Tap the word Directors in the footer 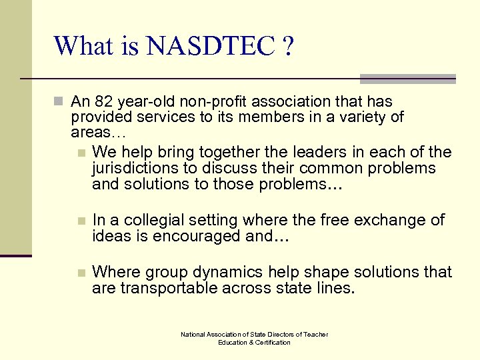(280, 335)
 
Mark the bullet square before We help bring (81, 153)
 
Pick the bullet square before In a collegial (81, 221)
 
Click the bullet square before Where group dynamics (81, 273)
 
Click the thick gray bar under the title (407, 79)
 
